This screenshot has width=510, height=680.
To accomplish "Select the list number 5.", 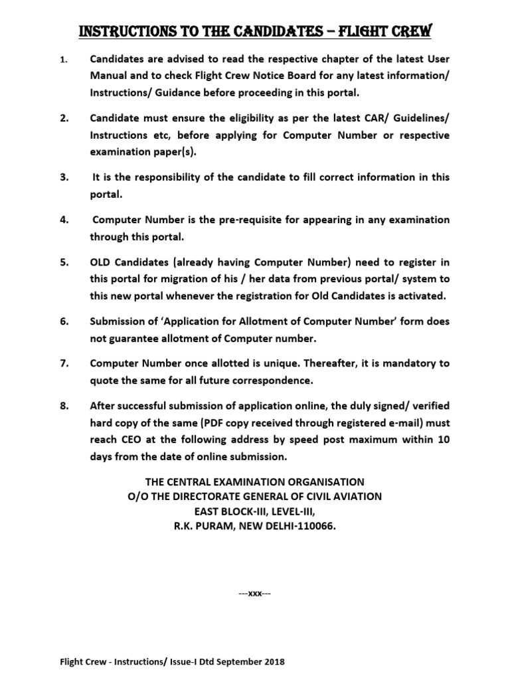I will [64, 262].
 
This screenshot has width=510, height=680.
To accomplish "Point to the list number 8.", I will [64, 406].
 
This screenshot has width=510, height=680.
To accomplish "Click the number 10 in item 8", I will [443, 439].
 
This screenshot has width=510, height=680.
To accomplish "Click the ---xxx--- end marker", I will [254, 593].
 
